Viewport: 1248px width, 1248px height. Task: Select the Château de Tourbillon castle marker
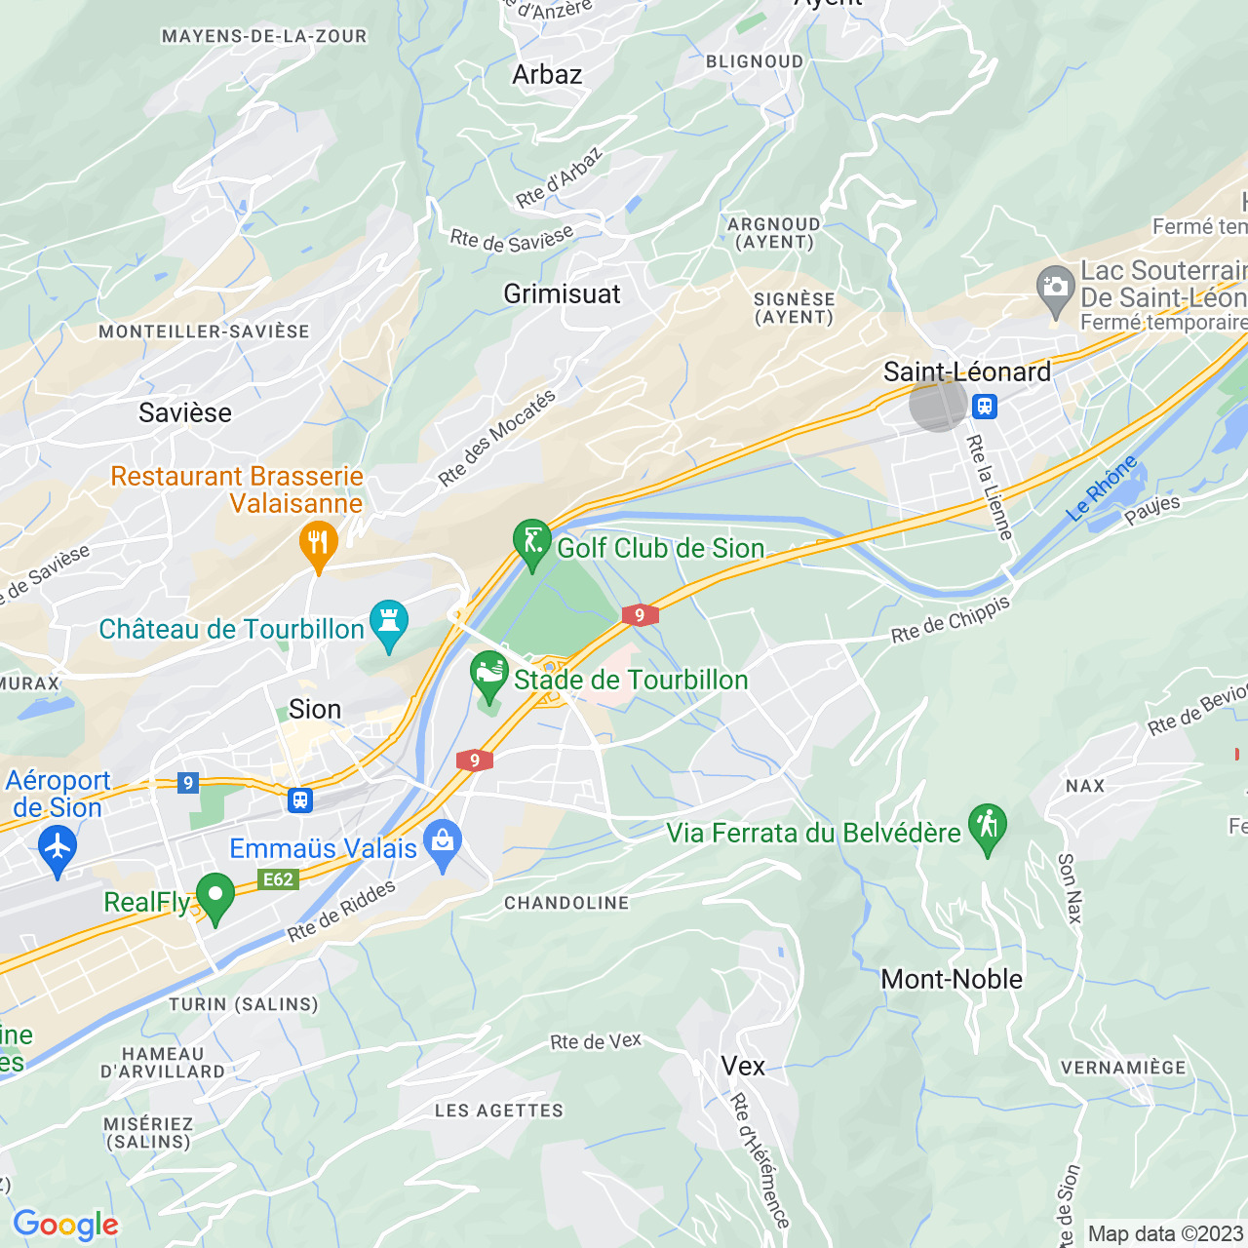[x=389, y=622]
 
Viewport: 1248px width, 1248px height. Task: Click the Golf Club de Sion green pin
[x=532, y=540]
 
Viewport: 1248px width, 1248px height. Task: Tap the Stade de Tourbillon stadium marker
[x=489, y=673]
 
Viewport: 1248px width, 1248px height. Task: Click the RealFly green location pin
[x=215, y=894]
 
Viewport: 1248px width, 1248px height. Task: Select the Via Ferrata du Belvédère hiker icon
[x=988, y=826]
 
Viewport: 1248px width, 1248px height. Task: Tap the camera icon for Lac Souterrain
[x=1055, y=288]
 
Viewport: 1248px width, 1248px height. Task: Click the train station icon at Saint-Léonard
[x=985, y=406]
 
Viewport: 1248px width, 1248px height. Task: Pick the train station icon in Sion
[x=300, y=800]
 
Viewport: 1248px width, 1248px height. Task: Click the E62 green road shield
[x=278, y=879]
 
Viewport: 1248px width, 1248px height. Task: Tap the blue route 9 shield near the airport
[x=188, y=782]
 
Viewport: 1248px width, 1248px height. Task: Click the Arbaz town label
[x=547, y=75]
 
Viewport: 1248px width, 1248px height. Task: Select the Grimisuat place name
[x=562, y=293]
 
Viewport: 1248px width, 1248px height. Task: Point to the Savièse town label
[x=185, y=412]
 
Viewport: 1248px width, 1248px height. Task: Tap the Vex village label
[x=743, y=1066]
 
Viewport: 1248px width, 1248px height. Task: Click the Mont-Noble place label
[x=952, y=979]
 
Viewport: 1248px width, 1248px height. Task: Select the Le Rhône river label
[x=1102, y=487]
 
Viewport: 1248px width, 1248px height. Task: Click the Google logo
[x=65, y=1225]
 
